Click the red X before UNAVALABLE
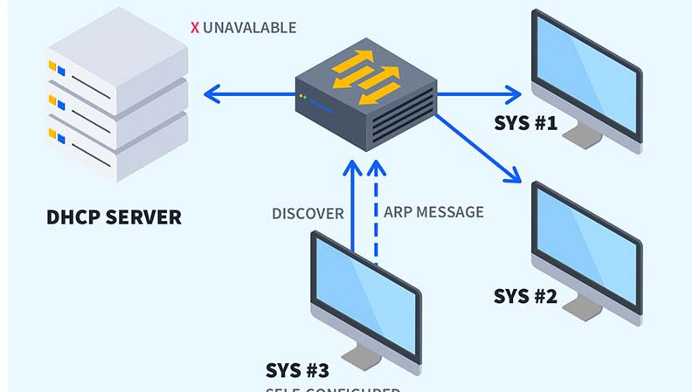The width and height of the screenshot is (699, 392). tap(195, 28)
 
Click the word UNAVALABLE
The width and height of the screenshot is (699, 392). tap(249, 28)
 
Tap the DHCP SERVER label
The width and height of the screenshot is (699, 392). tap(114, 217)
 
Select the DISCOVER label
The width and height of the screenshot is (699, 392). tap(308, 213)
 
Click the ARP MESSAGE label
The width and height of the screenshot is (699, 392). tap(433, 212)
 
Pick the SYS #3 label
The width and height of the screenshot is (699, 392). tap(297, 369)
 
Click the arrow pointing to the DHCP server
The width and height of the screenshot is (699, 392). tap(245, 93)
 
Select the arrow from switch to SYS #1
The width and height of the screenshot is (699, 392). tap(481, 93)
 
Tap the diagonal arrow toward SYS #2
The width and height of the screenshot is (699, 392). tap(476, 148)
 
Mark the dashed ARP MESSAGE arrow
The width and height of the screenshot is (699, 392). tap(377, 210)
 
